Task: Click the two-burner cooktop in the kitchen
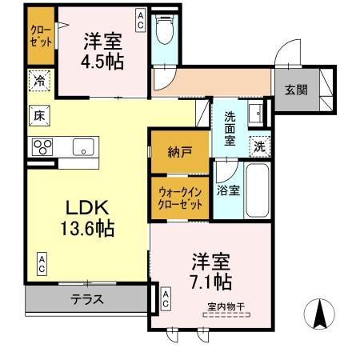point(42,146)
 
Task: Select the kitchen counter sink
point(82,147)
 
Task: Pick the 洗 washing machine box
point(258,146)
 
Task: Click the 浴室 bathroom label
point(228,190)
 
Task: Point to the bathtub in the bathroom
point(257,193)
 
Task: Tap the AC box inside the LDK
point(40,262)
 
